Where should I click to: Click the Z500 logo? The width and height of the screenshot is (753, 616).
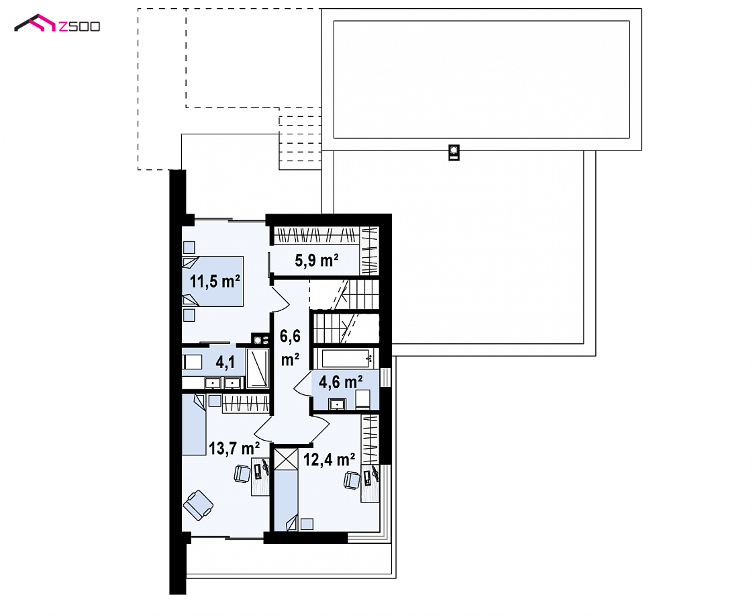[x=57, y=24]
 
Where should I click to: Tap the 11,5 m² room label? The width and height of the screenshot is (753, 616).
[x=215, y=281]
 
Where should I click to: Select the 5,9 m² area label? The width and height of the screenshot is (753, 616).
[x=317, y=261]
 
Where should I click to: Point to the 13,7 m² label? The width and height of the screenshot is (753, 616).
[x=234, y=448]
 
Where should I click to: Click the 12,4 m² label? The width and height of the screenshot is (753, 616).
[x=330, y=459]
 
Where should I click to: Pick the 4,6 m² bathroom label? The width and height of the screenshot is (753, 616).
[x=341, y=382]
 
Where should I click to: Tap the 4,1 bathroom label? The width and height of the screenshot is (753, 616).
[x=225, y=362]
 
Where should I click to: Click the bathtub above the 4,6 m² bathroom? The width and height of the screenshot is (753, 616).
[x=345, y=359]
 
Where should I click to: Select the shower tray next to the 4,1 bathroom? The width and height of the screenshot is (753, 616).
[x=258, y=368]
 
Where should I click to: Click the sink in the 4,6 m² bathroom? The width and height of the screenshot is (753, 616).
[x=338, y=404]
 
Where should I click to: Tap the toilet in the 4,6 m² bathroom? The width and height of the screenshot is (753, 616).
[x=362, y=399]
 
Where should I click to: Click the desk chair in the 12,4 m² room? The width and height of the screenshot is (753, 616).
[x=352, y=480]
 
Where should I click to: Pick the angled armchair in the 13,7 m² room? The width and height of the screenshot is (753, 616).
[x=198, y=505]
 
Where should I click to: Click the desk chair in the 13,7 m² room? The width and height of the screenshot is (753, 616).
[x=242, y=474]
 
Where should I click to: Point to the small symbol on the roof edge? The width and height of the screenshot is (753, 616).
[x=454, y=152]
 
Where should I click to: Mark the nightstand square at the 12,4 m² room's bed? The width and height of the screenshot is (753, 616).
[x=307, y=524]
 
